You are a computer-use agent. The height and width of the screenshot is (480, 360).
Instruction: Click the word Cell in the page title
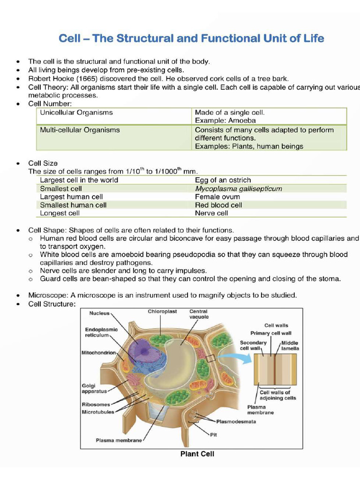point(70,38)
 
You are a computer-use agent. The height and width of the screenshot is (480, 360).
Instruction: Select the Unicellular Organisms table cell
point(76,113)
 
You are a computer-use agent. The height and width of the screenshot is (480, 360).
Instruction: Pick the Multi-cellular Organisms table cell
point(80,130)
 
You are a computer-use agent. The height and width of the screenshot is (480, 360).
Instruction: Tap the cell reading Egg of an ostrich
point(223,180)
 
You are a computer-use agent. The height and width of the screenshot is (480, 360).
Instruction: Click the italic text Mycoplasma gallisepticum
point(239,188)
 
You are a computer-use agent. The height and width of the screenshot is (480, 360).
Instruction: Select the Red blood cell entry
point(218,205)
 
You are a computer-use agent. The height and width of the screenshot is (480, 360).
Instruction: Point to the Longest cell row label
point(60,213)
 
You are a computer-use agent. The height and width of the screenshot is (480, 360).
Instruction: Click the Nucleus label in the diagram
point(99,313)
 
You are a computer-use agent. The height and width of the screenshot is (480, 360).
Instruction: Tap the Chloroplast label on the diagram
point(162,311)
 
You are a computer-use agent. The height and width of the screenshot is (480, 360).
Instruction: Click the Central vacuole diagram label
point(199,314)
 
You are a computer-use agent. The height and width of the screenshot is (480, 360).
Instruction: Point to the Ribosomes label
point(96,405)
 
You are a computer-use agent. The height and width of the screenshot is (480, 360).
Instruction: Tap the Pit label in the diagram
point(213,435)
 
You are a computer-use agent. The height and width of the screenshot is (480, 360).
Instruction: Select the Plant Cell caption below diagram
point(197,454)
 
